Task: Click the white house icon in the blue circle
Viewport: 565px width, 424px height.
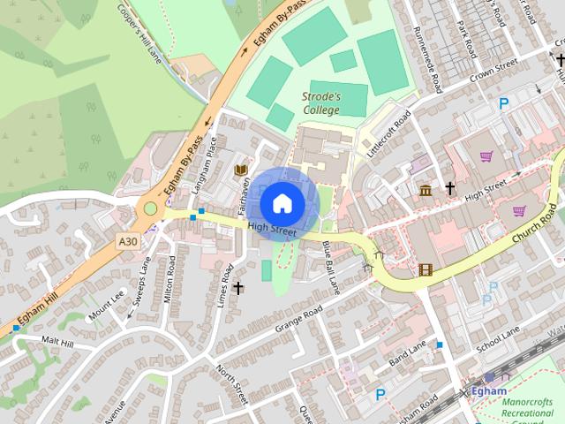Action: pyautogui.click(x=282, y=202)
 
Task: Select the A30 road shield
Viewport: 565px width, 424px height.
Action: pyautogui.click(x=128, y=238)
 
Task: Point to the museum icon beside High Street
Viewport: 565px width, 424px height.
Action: pyautogui.click(x=426, y=190)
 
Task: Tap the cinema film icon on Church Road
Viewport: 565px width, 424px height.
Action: pyautogui.click(x=426, y=269)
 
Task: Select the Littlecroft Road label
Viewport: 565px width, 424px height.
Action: pyautogui.click(x=390, y=134)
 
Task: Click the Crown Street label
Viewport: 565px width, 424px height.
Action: pyautogui.click(x=493, y=71)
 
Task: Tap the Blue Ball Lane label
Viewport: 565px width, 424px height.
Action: pyautogui.click(x=331, y=267)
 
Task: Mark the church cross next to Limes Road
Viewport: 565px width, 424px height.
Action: pyautogui.click(x=237, y=288)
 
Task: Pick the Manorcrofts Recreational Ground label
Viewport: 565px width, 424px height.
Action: pyautogui.click(x=528, y=412)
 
